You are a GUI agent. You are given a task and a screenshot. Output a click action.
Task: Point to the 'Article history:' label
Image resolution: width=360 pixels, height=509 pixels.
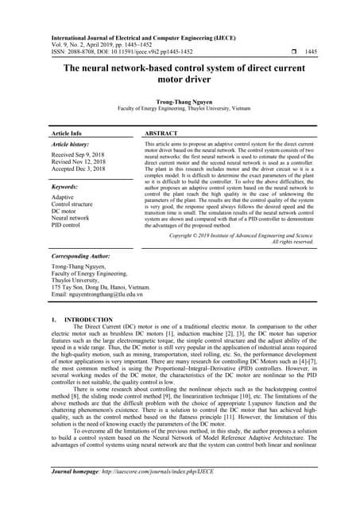pos(72,146)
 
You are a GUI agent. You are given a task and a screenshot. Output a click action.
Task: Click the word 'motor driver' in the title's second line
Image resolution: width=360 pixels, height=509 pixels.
pos(180,80)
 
